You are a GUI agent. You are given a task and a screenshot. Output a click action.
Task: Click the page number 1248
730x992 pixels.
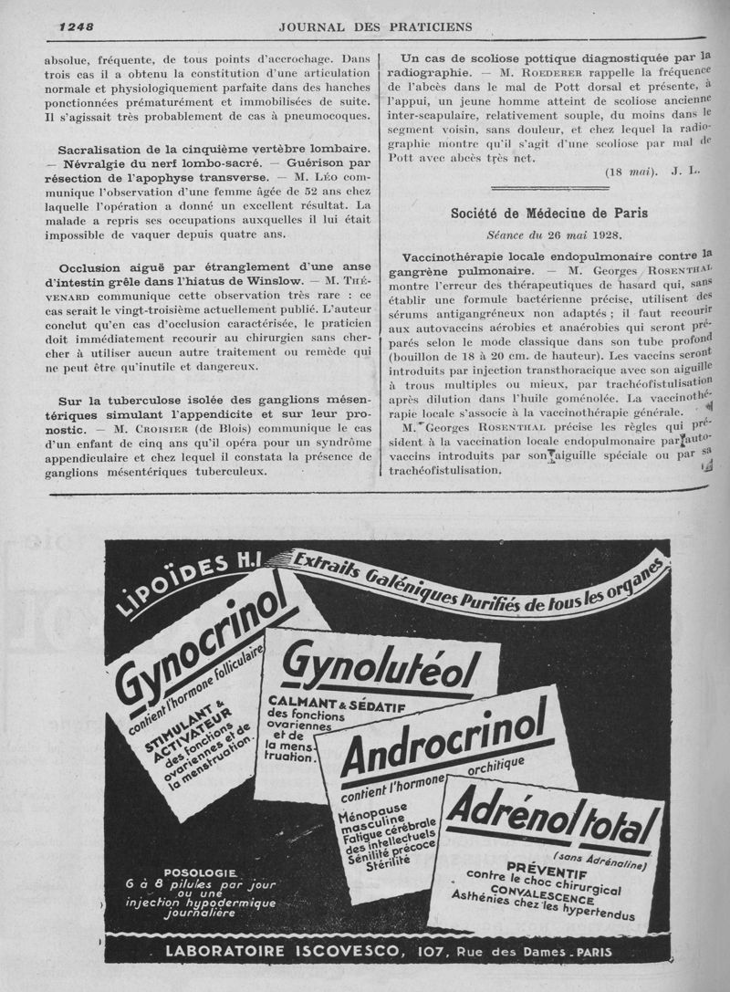(x=76, y=26)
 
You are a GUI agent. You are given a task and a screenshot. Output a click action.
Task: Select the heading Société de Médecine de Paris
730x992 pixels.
(x=549, y=214)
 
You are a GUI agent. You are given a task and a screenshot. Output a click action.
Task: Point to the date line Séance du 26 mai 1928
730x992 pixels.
(x=549, y=234)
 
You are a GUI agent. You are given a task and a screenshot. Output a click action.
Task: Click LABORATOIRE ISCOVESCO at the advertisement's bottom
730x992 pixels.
(x=282, y=952)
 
